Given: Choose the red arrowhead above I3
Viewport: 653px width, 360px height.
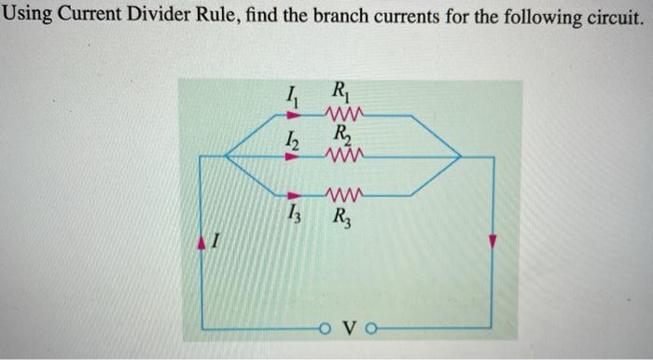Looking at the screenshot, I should click(x=292, y=196).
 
